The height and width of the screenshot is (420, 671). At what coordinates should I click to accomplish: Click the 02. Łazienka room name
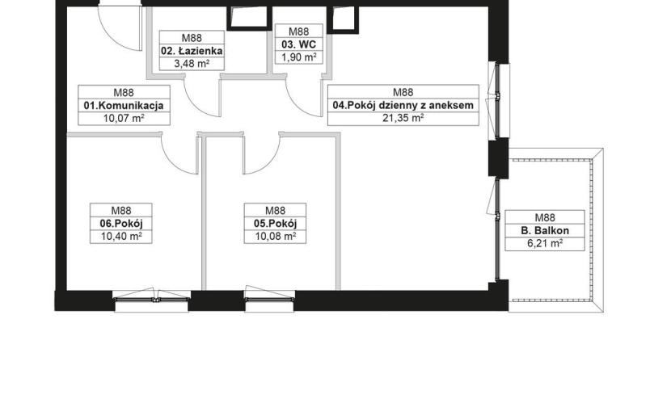click(x=192, y=51)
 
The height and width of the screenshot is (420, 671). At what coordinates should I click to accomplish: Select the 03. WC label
click(x=298, y=44)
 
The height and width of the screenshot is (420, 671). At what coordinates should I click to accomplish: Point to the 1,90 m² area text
click(x=298, y=57)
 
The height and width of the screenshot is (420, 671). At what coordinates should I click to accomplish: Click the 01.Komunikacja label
click(x=124, y=106)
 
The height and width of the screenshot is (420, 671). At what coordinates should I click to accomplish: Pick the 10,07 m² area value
click(x=124, y=118)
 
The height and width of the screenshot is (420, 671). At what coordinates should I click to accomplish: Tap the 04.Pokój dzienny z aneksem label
click(x=403, y=105)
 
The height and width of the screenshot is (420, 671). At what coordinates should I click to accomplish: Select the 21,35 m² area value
click(x=403, y=118)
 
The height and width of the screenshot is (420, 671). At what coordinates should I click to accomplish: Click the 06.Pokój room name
click(x=121, y=223)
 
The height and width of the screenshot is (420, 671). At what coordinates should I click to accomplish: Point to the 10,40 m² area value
click(x=121, y=236)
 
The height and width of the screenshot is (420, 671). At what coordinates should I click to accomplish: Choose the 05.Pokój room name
click(x=275, y=223)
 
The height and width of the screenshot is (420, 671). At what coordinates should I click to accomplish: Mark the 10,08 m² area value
click(x=275, y=236)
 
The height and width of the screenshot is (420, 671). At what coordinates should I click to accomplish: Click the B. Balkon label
click(x=545, y=230)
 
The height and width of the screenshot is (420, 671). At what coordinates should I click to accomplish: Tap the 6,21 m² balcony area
click(x=545, y=243)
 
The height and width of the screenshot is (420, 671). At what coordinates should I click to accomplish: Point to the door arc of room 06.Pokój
click(x=172, y=163)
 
